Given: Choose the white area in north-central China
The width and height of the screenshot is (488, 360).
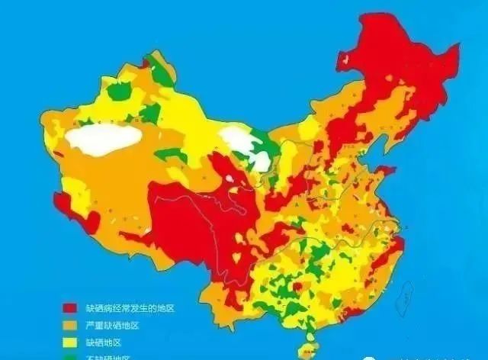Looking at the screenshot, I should point(246,145).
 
